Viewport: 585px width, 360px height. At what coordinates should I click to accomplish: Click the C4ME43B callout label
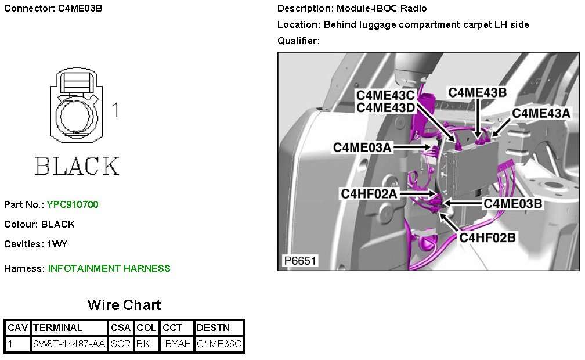[x=477, y=93]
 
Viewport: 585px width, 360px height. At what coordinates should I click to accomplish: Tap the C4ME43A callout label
[x=541, y=113]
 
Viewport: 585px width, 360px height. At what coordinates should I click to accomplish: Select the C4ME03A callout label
[x=362, y=148]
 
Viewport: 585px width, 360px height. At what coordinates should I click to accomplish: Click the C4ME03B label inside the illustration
[x=512, y=204]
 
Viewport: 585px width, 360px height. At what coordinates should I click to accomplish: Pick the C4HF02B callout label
[x=488, y=237]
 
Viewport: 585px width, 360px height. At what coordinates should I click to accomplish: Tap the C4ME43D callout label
[x=385, y=107]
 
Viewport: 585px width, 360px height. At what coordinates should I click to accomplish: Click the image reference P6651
[x=299, y=261]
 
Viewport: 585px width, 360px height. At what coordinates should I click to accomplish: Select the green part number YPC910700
[x=73, y=204]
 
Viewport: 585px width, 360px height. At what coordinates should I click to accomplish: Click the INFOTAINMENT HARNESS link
[x=109, y=268]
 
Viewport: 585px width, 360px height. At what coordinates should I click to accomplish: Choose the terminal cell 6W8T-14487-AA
[x=69, y=344]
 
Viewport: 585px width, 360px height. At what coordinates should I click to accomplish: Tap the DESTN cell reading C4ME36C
[x=219, y=344]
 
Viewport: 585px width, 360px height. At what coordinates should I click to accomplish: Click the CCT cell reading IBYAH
[x=177, y=344]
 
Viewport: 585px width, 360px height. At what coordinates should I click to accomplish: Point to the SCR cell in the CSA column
[x=121, y=344]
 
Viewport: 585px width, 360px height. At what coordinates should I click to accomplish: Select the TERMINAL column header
[x=58, y=327]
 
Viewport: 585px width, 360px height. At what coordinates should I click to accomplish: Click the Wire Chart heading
[x=124, y=305]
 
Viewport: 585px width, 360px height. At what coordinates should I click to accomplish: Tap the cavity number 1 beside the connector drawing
[x=115, y=110]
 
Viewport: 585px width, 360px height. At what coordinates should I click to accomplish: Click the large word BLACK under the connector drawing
[x=77, y=166]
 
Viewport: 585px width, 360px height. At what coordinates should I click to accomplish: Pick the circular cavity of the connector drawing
[x=75, y=114]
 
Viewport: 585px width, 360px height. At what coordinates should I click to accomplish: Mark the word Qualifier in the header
[x=298, y=41]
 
